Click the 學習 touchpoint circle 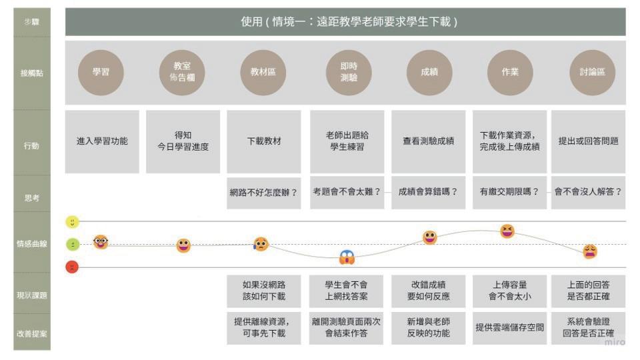point(101,73)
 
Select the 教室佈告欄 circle point(182,73)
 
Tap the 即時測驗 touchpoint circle point(348,73)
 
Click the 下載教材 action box point(264,141)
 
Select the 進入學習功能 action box point(102,141)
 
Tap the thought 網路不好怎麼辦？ point(264,192)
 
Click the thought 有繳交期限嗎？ point(509,192)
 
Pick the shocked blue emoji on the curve point(347,257)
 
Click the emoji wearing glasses point(101,242)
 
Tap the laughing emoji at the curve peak point(507,231)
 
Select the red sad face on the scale point(72,267)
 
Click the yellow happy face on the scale point(72,221)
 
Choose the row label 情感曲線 point(31,244)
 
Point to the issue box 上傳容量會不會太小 point(509,290)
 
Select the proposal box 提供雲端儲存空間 point(509,327)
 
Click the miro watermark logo point(614,342)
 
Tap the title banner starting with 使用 point(345,22)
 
